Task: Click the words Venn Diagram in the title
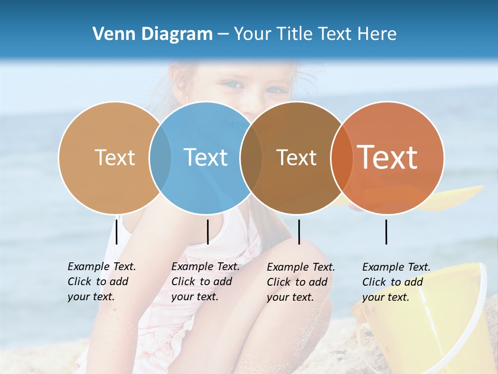[x=153, y=34]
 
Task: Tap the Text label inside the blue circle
[x=206, y=157]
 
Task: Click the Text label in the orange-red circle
[x=388, y=157]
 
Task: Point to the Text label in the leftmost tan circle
[x=115, y=157]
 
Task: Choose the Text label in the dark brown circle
[x=297, y=157]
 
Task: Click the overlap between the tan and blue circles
[x=160, y=157]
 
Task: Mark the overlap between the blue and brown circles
[x=251, y=157]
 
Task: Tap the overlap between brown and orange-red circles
[x=341, y=157]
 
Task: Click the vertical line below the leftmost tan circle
[x=117, y=232]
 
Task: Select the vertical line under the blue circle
[x=208, y=232]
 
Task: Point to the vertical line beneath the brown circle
[x=299, y=232]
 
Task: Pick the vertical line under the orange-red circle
[x=386, y=232]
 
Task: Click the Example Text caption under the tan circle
[x=101, y=282]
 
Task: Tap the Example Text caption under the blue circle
[x=205, y=282]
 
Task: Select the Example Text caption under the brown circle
[x=300, y=282]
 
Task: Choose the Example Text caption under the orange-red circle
[x=396, y=282]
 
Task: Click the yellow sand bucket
[x=441, y=322]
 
